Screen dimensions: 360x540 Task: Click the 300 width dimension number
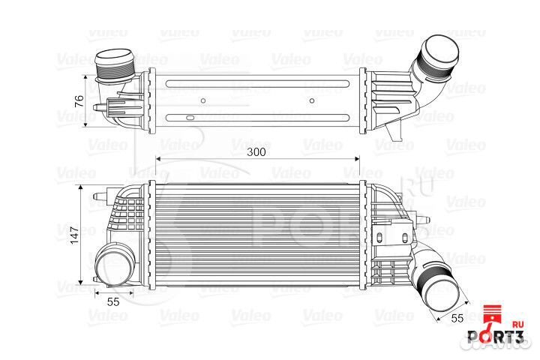[x=256, y=151]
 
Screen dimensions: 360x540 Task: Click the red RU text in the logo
[x=517, y=325]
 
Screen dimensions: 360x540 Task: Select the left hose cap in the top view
[x=112, y=64]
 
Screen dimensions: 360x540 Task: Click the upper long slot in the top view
[x=257, y=82]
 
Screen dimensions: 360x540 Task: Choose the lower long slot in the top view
[x=257, y=117]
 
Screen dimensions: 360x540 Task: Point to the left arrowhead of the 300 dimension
[x=159, y=159]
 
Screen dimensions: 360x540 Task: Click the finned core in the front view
[x=256, y=235]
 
